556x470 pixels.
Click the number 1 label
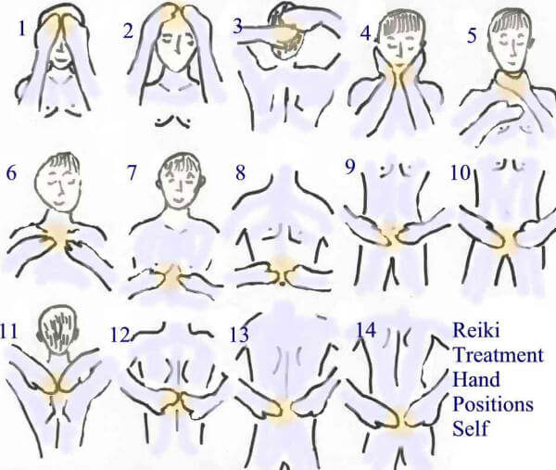(x=22, y=29)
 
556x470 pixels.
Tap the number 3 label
(x=238, y=26)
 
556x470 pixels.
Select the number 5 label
(x=472, y=36)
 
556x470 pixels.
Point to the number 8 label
(x=240, y=172)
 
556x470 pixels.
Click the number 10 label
(x=460, y=173)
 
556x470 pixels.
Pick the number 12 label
(x=120, y=334)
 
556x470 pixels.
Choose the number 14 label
(x=365, y=330)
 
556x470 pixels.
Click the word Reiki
(x=476, y=330)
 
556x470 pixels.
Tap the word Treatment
(x=499, y=355)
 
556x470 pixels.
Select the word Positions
(x=493, y=404)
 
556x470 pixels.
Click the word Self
(x=470, y=428)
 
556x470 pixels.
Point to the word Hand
(x=476, y=379)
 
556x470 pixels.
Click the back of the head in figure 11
(x=57, y=332)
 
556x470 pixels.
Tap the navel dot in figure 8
(x=282, y=283)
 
